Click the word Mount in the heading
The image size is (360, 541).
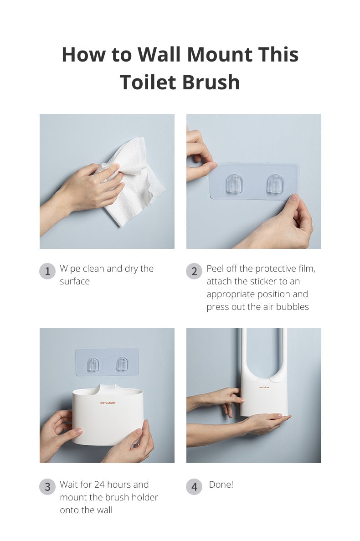point(219,55)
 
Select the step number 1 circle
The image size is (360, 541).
point(47,272)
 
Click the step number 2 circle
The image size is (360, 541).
point(194,272)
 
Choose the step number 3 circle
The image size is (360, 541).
point(47,487)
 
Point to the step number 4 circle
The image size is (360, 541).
point(194,487)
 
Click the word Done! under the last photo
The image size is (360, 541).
point(221,484)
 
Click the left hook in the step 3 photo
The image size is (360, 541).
point(93,364)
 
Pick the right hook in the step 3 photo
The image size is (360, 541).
point(122,364)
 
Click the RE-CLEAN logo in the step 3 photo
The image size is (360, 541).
point(108,403)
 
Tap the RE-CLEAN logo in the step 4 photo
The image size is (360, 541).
point(264,387)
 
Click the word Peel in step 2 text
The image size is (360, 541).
point(216,269)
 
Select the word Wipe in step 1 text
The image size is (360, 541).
point(70,269)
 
